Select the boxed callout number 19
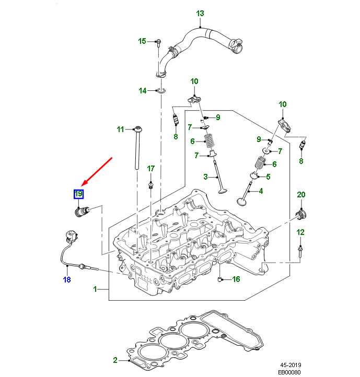tap(78, 195)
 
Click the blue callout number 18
tap(66, 280)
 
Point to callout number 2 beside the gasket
tap(115, 360)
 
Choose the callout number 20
tap(300, 195)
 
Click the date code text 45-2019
tap(291, 365)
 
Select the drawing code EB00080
tap(288, 372)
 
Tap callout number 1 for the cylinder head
tap(95, 289)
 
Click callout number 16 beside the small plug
tap(236, 279)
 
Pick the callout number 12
tap(300, 231)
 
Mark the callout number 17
tap(150, 168)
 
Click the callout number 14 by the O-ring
tap(143, 91)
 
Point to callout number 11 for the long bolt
tap(120, 129)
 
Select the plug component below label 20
tap(301, 215)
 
